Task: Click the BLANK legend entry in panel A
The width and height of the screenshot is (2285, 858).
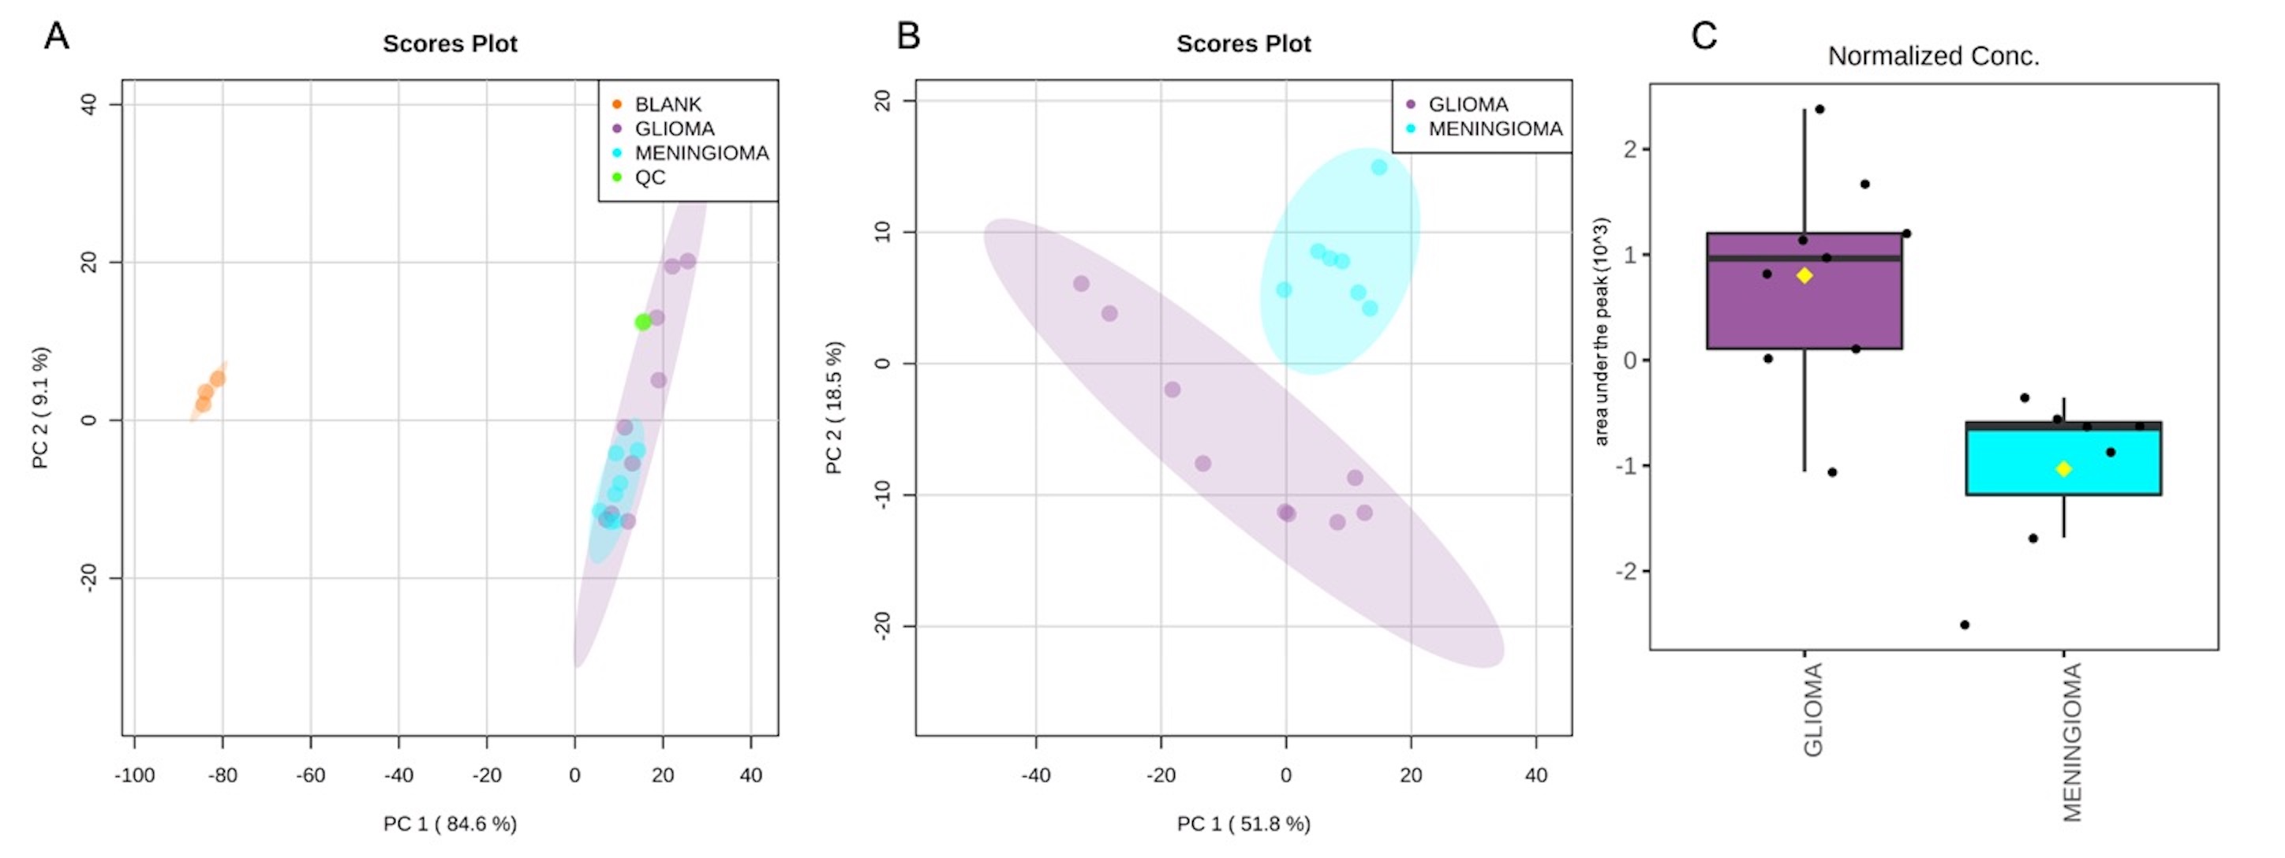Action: (667, 105)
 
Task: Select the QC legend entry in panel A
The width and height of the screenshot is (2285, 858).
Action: (649, 177)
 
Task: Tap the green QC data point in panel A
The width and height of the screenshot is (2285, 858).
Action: (643, 322)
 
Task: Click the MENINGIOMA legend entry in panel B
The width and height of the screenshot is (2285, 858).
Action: (1494, 129)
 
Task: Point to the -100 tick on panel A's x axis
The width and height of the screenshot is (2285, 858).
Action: (134, 775)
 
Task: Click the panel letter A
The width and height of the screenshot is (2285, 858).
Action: (57, 36)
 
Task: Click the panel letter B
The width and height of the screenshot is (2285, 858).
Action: (908, 36)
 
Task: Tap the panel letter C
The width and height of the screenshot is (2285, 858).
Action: (1704, 36)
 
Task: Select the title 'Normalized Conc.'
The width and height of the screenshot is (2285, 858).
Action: (1934, 56)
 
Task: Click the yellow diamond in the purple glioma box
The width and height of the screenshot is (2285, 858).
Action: (1804, 276)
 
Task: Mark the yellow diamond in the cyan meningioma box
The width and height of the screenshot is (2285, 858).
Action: (2064, 469)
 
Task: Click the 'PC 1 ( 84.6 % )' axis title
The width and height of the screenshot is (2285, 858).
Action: (450, 824)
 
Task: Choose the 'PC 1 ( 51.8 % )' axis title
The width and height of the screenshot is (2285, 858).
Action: (1243, 824)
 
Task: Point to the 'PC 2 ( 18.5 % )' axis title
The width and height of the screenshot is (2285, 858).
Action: (834, 408)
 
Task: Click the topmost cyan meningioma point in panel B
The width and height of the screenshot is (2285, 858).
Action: (1379, 167)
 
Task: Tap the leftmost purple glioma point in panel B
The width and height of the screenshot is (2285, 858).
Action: (1081, 284)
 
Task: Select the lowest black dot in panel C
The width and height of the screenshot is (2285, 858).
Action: (1965, 625)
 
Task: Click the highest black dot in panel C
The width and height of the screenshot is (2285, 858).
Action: (1819, 109)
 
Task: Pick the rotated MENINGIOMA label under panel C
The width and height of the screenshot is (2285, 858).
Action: (2072, 743)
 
